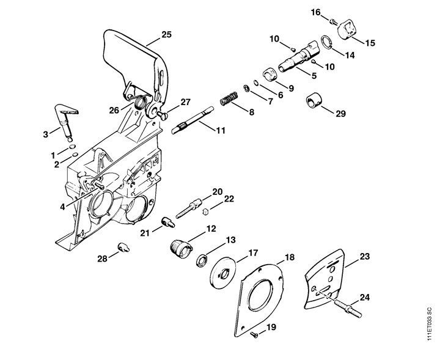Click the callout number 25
coord(166,35)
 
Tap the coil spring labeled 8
coord(229,98)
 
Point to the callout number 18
coord(289,257)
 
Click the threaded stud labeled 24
coord(348,309)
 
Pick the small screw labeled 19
coord(254,334)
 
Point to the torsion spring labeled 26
coord(140,102)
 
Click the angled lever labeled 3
coord(66,121)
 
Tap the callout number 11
coord(221,130)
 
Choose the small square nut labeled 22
coord(205,211)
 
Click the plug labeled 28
coord(123,247)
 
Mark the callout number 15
coord(370,43)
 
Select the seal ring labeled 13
coord(202,260)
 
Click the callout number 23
coord(364,256)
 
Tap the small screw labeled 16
coord(334,21)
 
